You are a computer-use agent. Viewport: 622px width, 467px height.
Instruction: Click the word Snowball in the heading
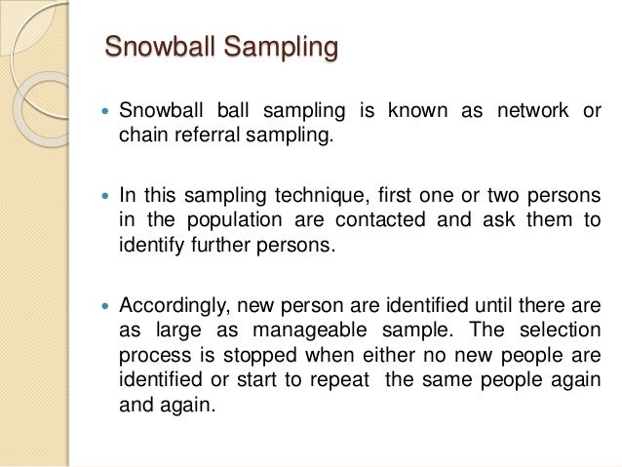[158, 48]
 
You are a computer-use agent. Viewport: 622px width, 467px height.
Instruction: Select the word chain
[139, 136]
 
